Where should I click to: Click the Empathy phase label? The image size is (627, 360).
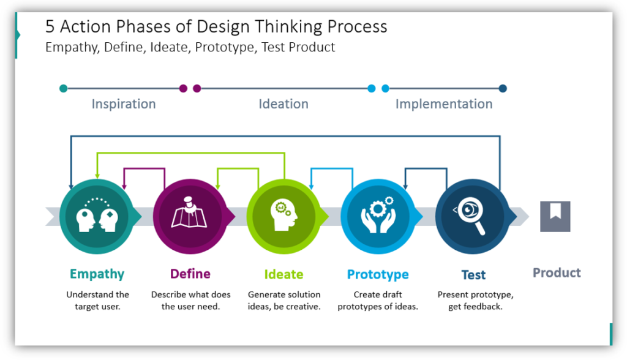97,274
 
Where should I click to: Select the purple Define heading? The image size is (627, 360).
190,274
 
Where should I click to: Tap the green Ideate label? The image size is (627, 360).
283,274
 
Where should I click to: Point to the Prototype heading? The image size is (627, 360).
378,274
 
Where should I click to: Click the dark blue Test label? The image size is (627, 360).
473,275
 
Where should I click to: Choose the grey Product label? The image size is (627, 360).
557,272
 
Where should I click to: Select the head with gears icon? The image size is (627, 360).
283,216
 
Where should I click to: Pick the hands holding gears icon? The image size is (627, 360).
378,216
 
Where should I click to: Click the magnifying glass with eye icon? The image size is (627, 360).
471,216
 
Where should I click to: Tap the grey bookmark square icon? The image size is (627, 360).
555,216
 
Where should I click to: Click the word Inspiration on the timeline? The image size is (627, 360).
124,104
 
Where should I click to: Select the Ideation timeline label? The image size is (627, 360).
283,104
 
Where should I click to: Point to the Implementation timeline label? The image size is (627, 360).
444,104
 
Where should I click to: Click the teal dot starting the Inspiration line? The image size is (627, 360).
64,88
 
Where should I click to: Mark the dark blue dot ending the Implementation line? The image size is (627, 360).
503,88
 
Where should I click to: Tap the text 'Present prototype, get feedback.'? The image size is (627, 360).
475,300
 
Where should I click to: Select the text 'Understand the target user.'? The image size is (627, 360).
98,300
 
